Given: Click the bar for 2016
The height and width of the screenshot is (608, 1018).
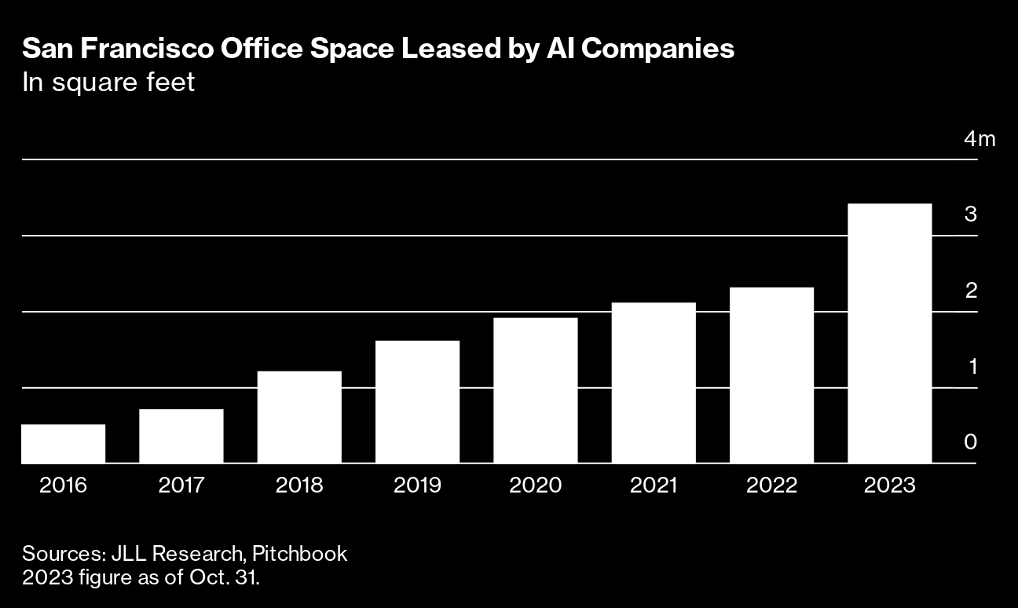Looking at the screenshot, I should pos(63,444).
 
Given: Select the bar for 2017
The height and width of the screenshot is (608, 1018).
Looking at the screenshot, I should pos(181,436).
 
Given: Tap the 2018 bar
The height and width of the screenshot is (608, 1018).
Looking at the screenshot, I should pos(299,417).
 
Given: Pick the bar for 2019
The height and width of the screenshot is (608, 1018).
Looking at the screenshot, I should pos(417,401).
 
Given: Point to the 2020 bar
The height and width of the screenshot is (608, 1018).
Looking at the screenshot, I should pos(536,390).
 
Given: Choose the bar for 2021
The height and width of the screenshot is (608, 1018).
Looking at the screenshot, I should pos(654,383).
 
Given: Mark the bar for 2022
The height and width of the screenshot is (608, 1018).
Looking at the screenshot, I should pos(771,375).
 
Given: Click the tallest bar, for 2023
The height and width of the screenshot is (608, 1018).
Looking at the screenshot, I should pos(890,333).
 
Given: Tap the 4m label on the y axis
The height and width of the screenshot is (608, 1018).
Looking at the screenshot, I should pos(979,139).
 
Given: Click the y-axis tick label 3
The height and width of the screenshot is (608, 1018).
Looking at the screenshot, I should pos(971,214).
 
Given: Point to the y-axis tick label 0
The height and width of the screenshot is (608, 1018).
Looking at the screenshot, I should pos(971,442).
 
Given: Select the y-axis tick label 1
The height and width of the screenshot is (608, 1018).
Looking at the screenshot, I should pos(971,366).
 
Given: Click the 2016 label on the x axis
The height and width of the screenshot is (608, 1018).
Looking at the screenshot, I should pos(63,485).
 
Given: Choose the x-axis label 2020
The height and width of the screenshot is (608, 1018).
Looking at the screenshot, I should pos(536,485).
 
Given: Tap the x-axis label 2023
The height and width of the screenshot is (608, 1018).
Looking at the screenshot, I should pos(890,485).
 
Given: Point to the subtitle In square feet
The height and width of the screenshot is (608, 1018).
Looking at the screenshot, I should pos(108,82).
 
